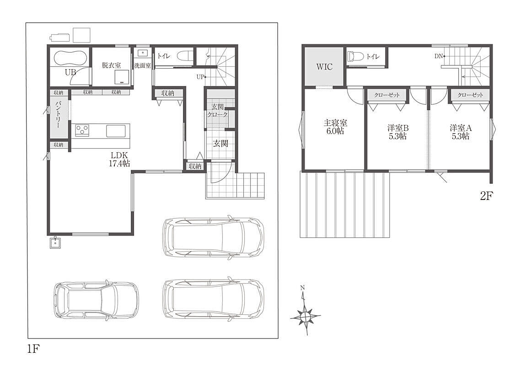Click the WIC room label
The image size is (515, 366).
click(324, 67)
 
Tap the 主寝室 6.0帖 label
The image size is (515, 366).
click(335, 127)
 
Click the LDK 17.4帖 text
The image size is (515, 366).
click(119, 159)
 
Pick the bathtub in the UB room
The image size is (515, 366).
click(70, 58)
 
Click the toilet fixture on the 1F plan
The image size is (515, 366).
click(185, 56)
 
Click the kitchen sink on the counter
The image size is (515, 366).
click(116, 131)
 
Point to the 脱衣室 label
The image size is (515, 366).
click(111, 65)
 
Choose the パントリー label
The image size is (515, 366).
click(58, 115)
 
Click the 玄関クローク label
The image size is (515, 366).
click(217, 110)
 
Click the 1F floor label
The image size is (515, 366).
click(33, 348)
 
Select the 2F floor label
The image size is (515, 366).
click(487, 196)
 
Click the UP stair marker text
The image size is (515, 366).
click(200, 77)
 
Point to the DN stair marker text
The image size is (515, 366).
click(439, 56)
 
